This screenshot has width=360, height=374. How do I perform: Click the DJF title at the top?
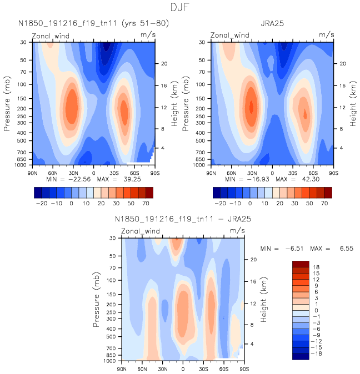tap(180, 7)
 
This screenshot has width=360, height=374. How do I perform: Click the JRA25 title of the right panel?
tap(273, 24)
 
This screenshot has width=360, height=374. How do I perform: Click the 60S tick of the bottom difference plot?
tap(224, 368)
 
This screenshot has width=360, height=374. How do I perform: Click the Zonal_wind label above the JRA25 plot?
tap(230, 35)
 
